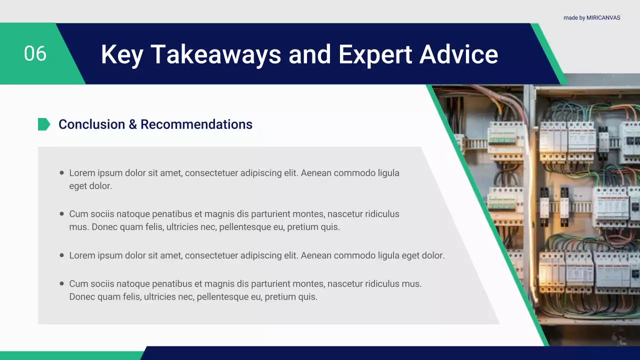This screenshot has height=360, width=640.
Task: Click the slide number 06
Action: tap(35, 53)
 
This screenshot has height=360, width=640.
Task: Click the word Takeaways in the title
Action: tap(215, 54)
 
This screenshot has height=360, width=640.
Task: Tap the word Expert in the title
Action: tap(375, 54)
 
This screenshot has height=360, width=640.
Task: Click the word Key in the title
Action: tap(122, 54)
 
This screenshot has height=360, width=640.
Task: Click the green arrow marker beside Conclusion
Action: tap(44, 124)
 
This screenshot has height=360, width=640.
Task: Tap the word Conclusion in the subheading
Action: tap(92, 124)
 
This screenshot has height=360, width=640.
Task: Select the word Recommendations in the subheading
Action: tap(196, 124)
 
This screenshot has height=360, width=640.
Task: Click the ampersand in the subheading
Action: tap(133, 124)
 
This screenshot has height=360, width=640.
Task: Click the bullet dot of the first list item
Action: tap(61, 172)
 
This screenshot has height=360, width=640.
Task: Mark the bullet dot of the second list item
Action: tap(61, 213)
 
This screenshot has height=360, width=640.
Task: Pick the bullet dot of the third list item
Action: tap(61, 255)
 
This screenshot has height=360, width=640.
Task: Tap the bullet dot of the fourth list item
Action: tap(61, 283)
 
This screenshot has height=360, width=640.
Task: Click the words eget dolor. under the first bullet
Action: tap(90, 186)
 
